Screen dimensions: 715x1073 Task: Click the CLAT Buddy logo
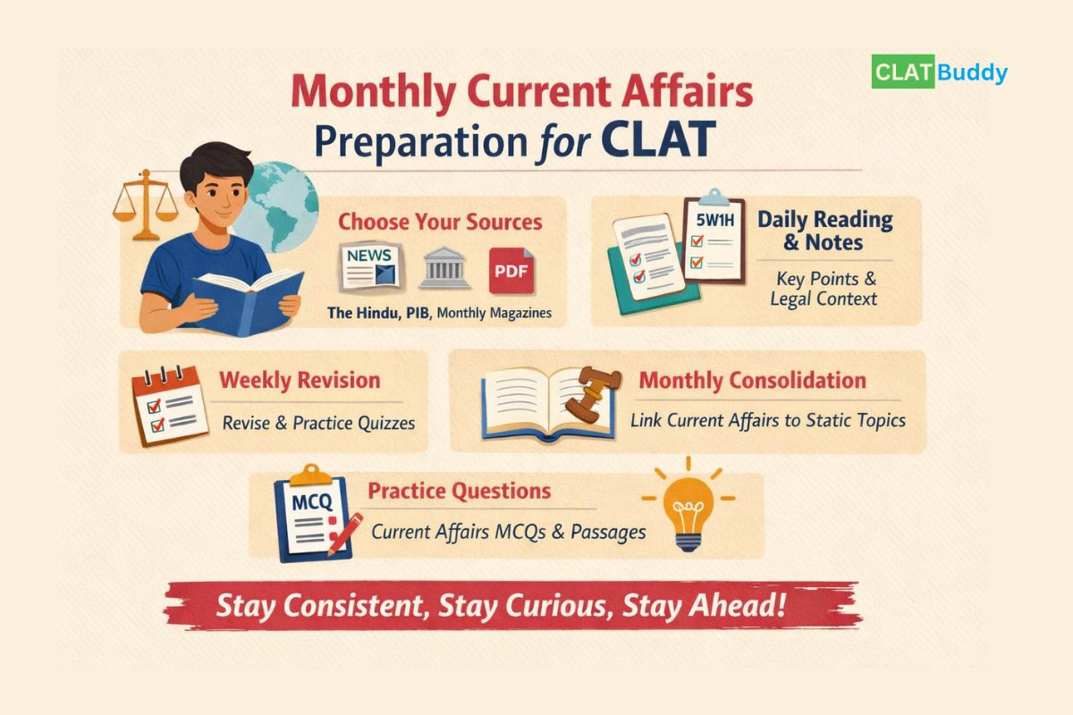click(940, 72)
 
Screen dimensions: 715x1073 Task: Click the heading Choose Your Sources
click(440, 221)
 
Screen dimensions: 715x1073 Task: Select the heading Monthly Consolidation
click(752, 381)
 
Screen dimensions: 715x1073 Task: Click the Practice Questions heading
click(460, 492)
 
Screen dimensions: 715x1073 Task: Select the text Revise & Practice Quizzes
click(318, 423)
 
